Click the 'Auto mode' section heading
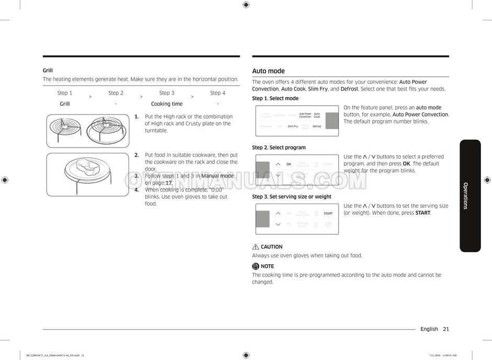(x=269, y=71)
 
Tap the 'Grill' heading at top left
(x=48, y=71)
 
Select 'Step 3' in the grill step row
(x=166, y=93)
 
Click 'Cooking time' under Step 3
(x=166, y=104)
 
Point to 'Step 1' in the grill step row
(x=65, y=93)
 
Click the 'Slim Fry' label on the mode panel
(x=293, y=126)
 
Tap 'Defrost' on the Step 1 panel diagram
(x=317, y=126)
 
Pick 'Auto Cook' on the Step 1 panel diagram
(x=317, y=115)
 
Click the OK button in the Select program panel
(x=288, y=164)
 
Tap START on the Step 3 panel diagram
(x=328, y=213)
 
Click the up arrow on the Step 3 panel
(x=278, y=213)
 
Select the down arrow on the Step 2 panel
(x=278, y=175)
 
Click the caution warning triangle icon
(x=255, y=247)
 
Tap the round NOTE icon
(x=255, y=266)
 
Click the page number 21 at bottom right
(x=445, y=329)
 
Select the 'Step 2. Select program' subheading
(x=278, y=148)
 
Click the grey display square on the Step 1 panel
(x=332, y=121)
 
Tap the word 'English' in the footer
(x=429, y=329)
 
